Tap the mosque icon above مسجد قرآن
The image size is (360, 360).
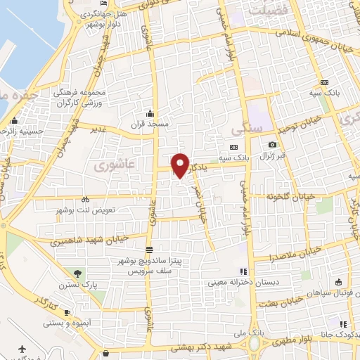149,113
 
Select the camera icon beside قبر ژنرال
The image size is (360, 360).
272,145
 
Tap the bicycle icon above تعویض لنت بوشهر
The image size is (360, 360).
84,199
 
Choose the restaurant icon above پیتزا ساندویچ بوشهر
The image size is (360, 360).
149,250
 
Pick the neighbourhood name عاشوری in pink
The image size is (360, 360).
105,164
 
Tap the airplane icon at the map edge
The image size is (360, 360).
22,349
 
